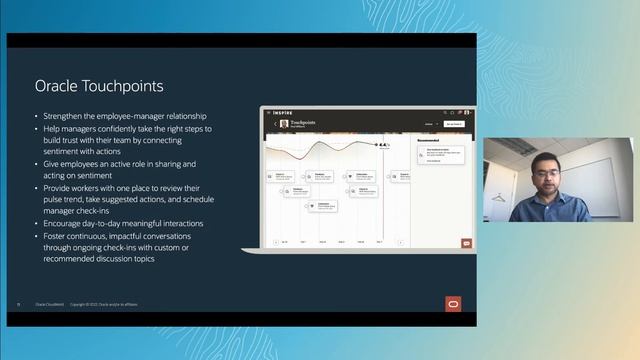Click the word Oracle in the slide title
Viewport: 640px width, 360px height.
pyautogui.click(x=56, y=87)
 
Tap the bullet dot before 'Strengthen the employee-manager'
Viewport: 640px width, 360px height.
pyautogui.click(x=36, y=117)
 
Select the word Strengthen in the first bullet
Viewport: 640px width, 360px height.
pyautogui.click(x=64, y=117)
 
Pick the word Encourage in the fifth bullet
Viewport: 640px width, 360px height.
pyautogui.click(x=65, y=225)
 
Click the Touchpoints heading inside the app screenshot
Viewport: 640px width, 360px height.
pyautogui.click(x=302, y=123)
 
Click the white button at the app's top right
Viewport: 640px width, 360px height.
pyautogui.click(x=453, y=124)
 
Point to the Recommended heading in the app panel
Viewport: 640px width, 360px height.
pyautogui.click(x=429, y=140)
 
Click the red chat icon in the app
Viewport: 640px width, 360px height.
pyautogui.click(x=466, y=242)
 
